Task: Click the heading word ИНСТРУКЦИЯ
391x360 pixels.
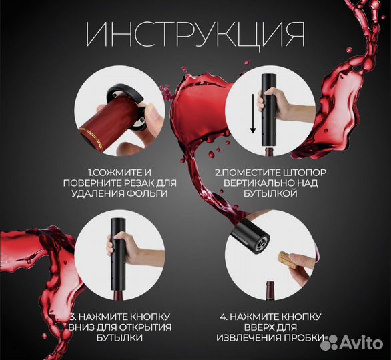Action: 195,34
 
